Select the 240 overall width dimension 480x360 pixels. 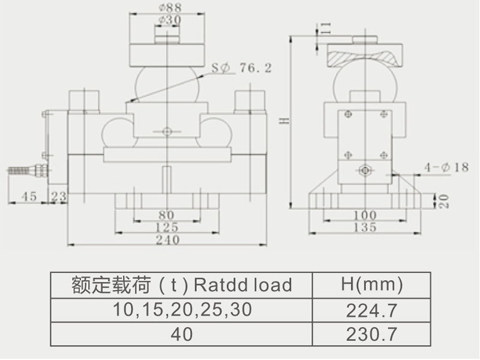click(x=167, y=240)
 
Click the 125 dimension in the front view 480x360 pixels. click(x=167, y=227)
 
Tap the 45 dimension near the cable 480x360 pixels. click(x=29, y=196)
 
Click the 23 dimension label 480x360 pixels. click(x=59, y=196)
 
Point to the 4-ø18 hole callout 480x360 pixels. click(x=446, y=167)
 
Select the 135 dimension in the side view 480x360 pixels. click(x=365, y=227)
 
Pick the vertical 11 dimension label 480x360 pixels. click(x=326, y=27)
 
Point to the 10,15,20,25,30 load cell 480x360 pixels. click(x=182, y=310)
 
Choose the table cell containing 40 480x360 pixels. click(x=182, y=334)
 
